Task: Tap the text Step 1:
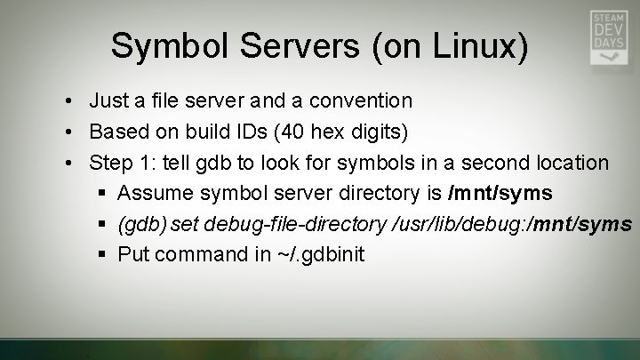(x=122, y=163)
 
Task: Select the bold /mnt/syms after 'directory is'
(x=500, y=193)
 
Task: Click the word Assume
(x=154, y=193)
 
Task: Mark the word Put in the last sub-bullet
(x=133, y=254)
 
